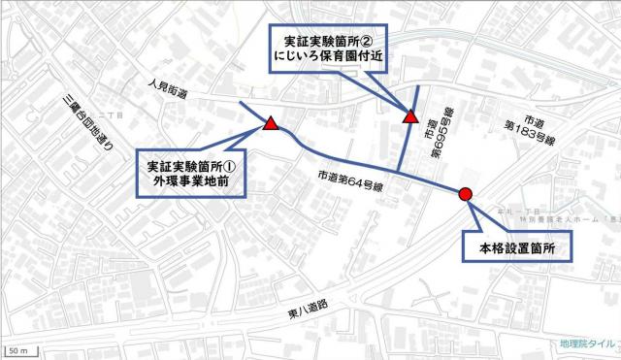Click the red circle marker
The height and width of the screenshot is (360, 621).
click(x=465, y=194)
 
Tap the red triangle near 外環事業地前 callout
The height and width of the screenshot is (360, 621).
click(x=271, y=123)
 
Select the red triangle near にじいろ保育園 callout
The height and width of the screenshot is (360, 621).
click(x=410, y=117)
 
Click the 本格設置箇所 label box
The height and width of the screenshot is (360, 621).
click(x=514, y=248)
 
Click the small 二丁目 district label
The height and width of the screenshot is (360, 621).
click(x=115, y=115)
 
